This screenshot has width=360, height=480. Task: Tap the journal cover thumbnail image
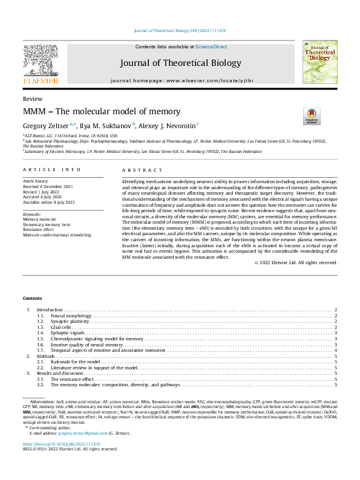(319, 62)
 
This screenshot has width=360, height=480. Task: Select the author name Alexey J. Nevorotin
(168, 125)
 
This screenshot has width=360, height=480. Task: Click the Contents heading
(33, 299)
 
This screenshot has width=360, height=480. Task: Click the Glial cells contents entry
(62, 327)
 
